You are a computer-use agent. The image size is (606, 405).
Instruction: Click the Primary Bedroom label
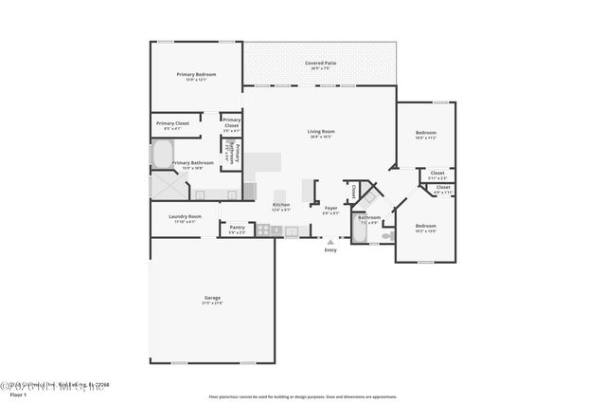pyautogui.click(x=197, y=75)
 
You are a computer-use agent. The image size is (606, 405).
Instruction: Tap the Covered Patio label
pyautogui.click(x=321, y=64)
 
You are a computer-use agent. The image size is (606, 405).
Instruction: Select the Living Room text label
pyautogui.click(x=321, y=132)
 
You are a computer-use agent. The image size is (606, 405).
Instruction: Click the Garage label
pyautogui.click(x=212, y=299)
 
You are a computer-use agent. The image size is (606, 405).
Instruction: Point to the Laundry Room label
pyautogui.click(x=186, y=217)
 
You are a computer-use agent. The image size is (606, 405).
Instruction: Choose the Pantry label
pyautogui.click(x=237, y=228)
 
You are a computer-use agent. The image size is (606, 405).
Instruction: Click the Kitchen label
pyautogui.click(x=281, y=205)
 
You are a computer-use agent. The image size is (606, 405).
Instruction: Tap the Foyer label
pyautogui.click(x=330, y=208)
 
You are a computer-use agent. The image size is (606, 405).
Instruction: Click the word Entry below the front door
pyautogui.click(x=330, y=249)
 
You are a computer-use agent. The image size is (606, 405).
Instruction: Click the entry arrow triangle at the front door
pyautogui.click(x=330, y=242)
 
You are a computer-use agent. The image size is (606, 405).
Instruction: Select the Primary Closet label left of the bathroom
pyautogui.click(x=172, y=124)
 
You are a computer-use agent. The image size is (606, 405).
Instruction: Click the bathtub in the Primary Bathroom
pyautogui.click(x=162, y=155)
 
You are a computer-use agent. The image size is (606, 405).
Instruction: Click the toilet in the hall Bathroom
pyautogui.click(x=387, y=235)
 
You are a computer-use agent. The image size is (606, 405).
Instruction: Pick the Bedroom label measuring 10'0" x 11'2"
pyautogui.click(x=425, y=135)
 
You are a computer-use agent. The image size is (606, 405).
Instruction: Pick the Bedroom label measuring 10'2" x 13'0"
pyautogui.click(x=425, y=227)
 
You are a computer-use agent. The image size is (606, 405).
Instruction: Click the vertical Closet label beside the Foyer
pyautogui.click(x=353, y=191)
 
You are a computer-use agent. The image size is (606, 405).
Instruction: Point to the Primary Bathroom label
pyautogui.click(x=192, y=163)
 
